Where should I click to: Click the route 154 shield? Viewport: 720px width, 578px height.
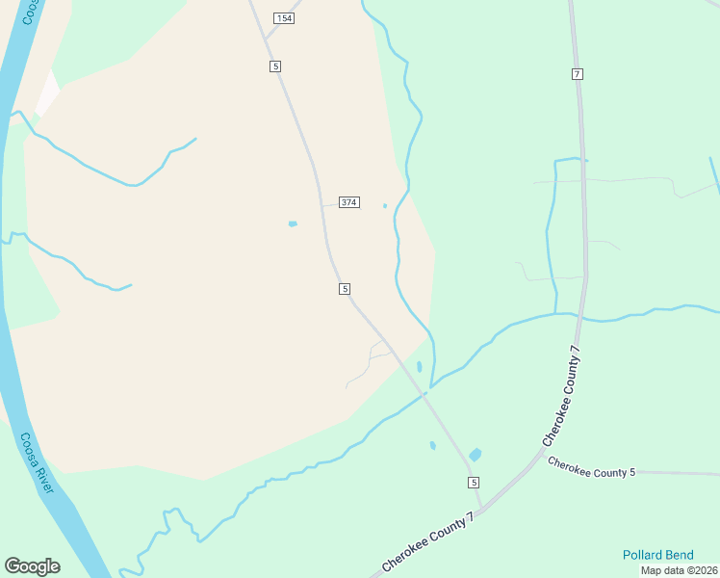(x=283, y=18)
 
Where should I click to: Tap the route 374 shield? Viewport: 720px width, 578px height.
(x=349, y=202)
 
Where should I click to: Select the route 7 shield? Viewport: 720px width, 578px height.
(x=577, y=74)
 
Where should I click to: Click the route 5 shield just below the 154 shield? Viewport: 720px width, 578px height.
(x=275, y=66)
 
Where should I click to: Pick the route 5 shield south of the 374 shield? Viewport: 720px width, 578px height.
(x=344, y=289)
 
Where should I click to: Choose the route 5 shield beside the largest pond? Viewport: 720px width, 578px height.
(x=474, y=482)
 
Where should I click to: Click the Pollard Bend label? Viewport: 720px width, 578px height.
(x=657, y=555)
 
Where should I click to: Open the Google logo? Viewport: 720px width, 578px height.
(x=32, y=566)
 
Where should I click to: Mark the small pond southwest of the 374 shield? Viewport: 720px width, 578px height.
(x=293, y=224)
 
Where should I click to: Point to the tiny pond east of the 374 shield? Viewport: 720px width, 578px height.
(x=385, y=205)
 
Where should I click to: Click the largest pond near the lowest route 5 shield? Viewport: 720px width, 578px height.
(x=475, y=455)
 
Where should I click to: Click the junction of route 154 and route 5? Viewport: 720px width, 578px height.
(x=266, y=39)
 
